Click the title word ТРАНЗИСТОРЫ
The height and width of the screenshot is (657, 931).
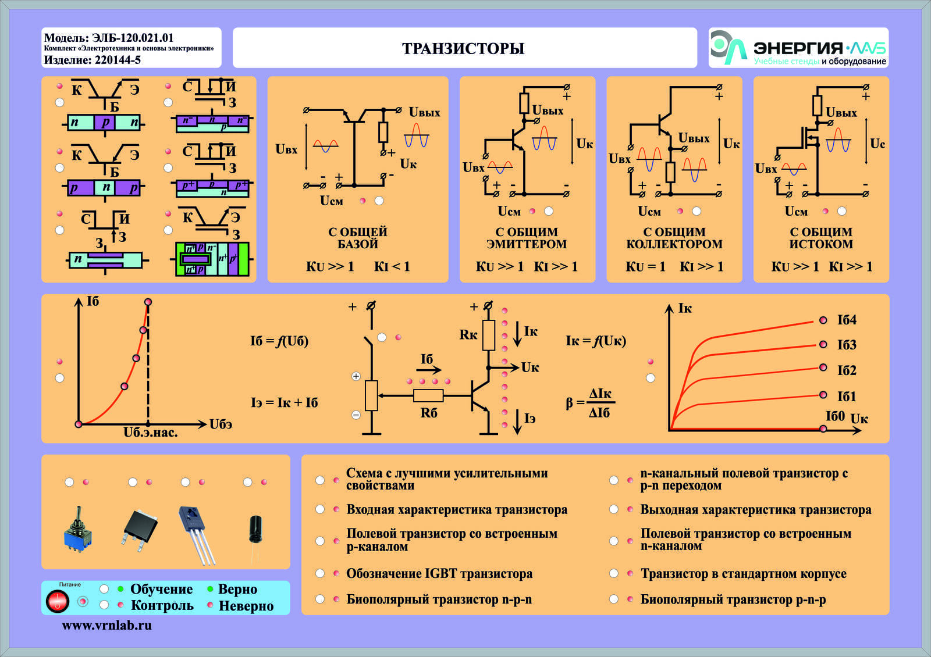[x=463, y=48]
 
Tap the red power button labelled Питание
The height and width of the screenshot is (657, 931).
[x=57, y=601]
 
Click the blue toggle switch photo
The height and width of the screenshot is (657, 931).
[x=78, y=529]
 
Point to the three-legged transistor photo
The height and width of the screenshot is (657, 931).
[x=197, y=535]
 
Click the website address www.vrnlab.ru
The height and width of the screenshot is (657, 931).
[x=107, y=626]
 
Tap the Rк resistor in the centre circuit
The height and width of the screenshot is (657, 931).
[x=488, y=335]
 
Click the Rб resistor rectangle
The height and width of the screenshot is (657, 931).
[x=428, y=396]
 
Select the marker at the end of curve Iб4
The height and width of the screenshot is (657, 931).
[x=823, y=320]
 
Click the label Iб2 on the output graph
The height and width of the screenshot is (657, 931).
[x=847, y=370]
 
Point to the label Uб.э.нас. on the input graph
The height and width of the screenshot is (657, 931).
[x=151, y=433]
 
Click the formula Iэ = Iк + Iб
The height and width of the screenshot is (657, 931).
[x=285, y=402]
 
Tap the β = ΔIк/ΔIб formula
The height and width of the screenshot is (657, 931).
[x=590, y=403]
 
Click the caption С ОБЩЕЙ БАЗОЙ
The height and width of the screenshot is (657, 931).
[x=357, y=238]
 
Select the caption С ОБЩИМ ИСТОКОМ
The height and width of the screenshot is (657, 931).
[x=821, y=238]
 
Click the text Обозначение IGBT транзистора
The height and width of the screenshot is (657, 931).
[x=439, y=573]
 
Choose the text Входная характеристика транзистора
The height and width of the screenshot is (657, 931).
[x=457, y=509]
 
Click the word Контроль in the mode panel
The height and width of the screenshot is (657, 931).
[x=162, y=605]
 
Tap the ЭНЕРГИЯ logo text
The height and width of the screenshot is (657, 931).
[x=798, y=48]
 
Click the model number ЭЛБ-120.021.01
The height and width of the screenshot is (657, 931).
[x=133, y=38]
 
